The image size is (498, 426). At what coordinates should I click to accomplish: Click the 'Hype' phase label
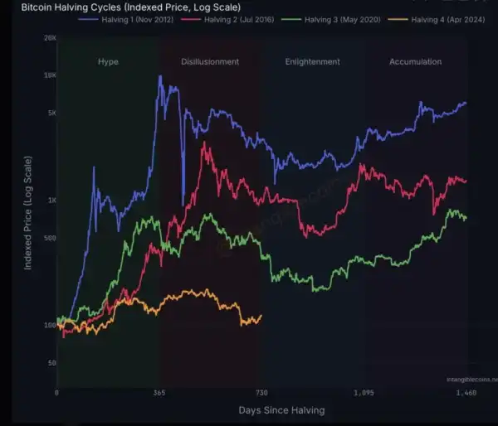tap(108, 62)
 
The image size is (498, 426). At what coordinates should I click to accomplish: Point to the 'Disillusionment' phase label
tap(210, 62)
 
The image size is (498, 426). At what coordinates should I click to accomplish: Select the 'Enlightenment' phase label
tap(312, 62)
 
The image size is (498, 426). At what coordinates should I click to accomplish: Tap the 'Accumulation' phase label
tap(415, 62)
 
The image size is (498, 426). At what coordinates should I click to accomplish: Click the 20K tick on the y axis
tap(49, 39)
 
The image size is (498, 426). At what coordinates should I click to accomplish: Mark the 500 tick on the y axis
tap(49, 239)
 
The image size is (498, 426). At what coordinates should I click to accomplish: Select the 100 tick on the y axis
tap(49, 325)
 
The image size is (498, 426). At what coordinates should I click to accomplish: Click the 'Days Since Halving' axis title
tap(281, 410)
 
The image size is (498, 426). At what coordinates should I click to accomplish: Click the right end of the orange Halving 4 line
tap(261, 316)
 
